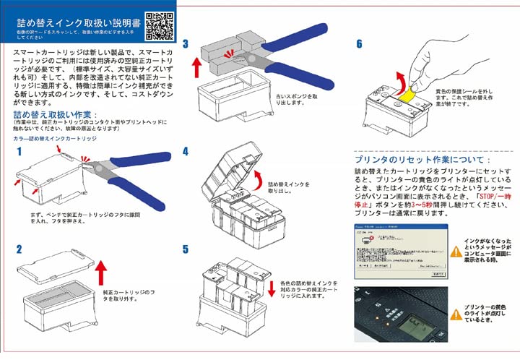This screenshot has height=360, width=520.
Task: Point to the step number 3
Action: (186, 44)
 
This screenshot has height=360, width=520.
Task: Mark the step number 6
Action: (359, 44)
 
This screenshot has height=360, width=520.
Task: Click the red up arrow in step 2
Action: (101, 276)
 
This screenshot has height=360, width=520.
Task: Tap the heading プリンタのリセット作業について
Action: (422, 159)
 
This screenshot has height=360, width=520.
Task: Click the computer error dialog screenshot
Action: (395, 252)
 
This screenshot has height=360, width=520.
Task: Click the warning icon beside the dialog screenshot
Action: (455, 251)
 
